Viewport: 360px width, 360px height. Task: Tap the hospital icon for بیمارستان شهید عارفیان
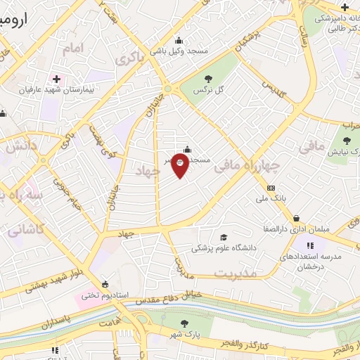click(56, 78)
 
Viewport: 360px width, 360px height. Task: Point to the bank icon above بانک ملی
click(271, 188)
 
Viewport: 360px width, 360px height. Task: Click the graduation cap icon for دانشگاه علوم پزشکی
click(224, 238)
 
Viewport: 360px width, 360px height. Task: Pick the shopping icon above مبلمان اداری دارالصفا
click(297, 218)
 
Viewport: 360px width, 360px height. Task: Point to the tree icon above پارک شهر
click(184, 323)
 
